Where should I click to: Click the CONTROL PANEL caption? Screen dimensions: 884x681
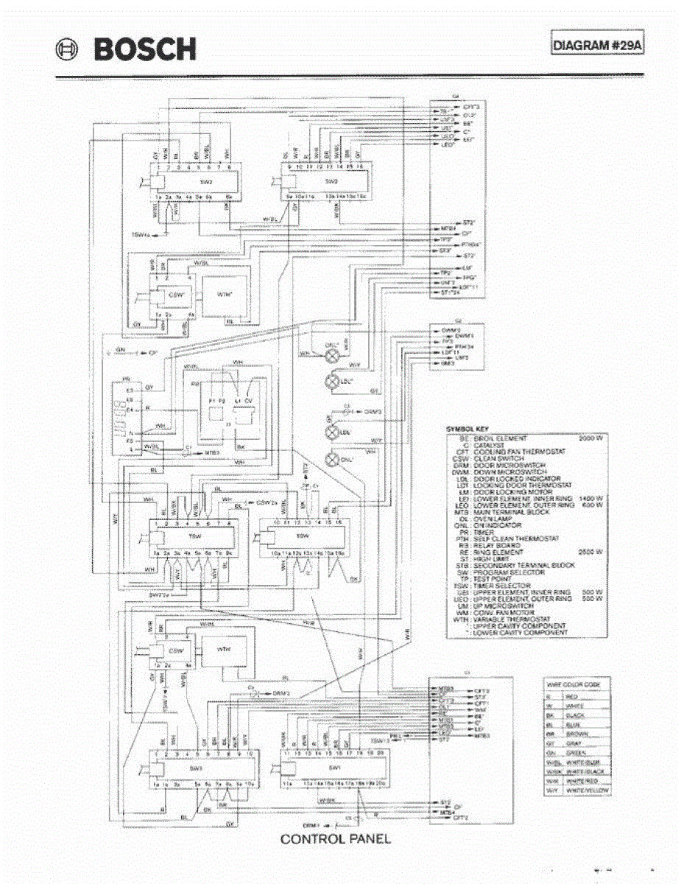[x=335, y=838]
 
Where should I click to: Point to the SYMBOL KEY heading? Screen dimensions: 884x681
[x=468, y=427]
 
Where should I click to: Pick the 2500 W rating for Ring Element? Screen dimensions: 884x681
[x=591, y=551]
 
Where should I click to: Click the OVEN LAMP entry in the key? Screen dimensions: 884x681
[x=488, y=519]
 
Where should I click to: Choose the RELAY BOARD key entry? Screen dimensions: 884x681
[x=493, y=545]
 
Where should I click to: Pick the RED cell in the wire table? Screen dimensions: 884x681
[x=571, y=695]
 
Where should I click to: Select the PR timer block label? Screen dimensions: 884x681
[x=126, y=382]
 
